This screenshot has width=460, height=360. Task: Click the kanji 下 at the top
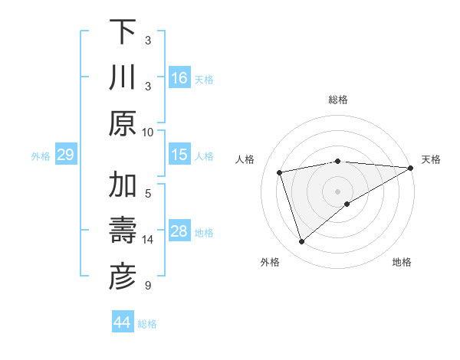123,32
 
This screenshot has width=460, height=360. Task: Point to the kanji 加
123,186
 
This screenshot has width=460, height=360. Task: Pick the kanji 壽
123,231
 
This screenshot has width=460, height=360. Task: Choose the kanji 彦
123,277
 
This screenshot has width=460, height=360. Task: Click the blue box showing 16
179,78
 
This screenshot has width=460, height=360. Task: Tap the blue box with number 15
179,155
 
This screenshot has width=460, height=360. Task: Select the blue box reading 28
179,231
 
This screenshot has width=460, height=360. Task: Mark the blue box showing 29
65,155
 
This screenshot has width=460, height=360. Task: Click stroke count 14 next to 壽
148,240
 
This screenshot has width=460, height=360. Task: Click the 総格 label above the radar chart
337,100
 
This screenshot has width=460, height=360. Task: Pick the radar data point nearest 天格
411,168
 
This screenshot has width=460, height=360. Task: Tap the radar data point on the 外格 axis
301,242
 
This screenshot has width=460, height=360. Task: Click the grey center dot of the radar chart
337,191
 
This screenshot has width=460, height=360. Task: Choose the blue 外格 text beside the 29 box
41,156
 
